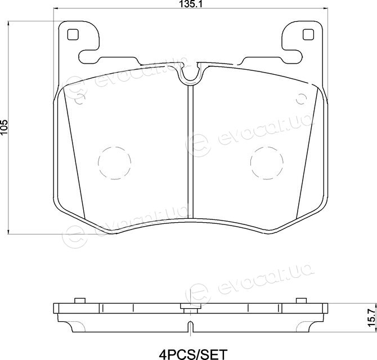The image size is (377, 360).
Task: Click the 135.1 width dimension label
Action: tap(190, 4)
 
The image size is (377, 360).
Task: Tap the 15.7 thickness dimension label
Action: tap(371, 318)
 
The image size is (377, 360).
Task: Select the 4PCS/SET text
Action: tap(194, 354)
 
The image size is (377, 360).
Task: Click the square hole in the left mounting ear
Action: tap(73, 34)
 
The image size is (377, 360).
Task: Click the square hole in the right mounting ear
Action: tap(308, 34)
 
